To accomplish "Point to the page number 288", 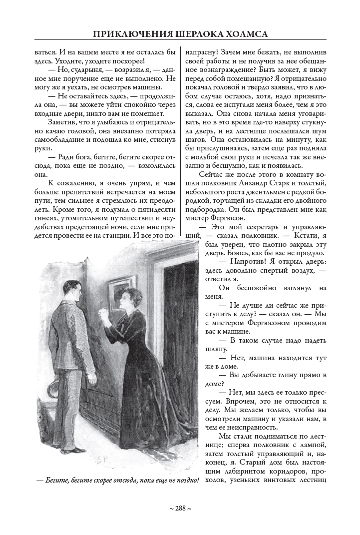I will (x=180, y=508).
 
